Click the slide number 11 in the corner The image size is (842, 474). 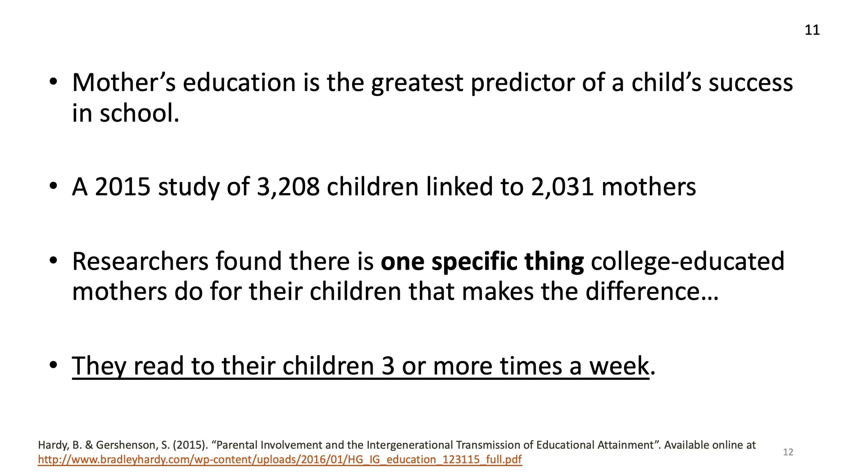click(x=812, y=30)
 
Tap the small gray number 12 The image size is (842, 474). click(x=788, y=452)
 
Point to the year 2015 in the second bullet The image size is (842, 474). click(x=123, y=187)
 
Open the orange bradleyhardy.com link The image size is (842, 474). click(x=280, y=460)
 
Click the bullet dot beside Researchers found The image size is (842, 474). click(x=54, y=261)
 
